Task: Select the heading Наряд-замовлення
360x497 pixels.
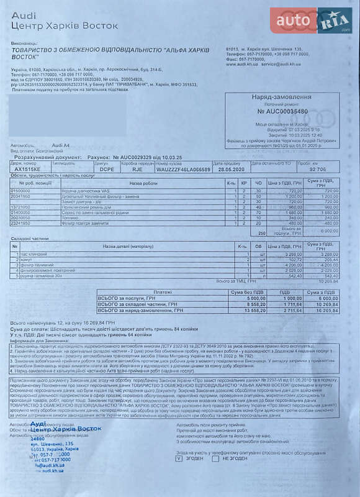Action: (x=281, y=98)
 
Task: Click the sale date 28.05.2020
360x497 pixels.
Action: (x=228, y=168)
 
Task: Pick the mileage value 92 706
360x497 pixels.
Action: (x=317, y=168)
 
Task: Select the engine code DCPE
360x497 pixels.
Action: (x=107, y=168)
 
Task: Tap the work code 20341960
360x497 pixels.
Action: (x=21, y=196)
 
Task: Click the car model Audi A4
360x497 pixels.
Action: (x=61, y=145)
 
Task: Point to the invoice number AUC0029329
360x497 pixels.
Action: (x=140, y=158)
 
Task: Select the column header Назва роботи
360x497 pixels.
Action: (x=143, y=184)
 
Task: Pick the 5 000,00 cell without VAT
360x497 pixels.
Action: (x=246, y=298)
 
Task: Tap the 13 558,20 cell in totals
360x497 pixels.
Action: (x=245, y=310)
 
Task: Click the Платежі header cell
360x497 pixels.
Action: (x=163, y=291)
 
